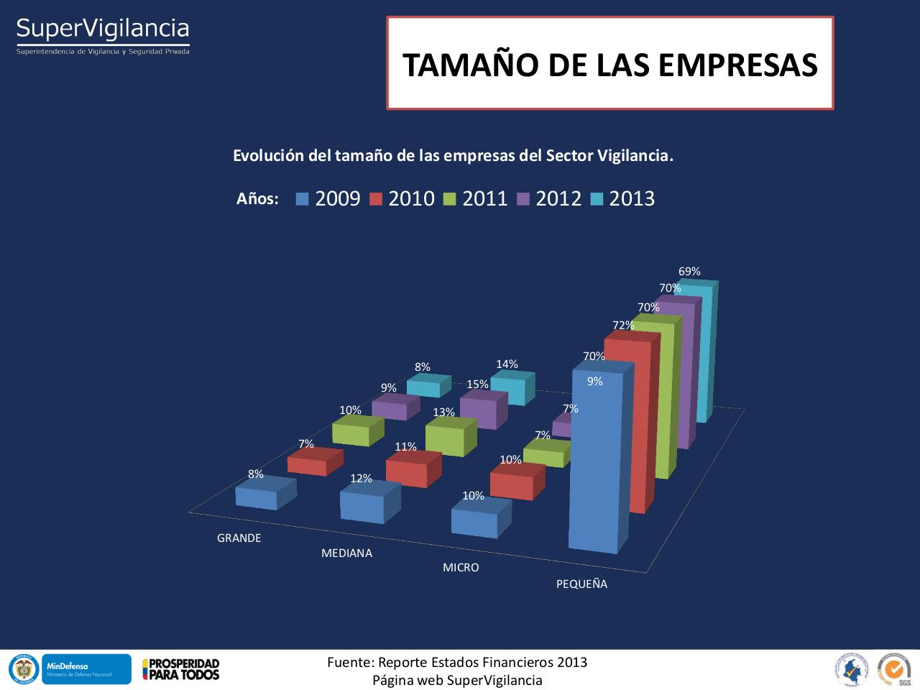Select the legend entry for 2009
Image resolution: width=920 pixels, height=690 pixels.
(328, 199)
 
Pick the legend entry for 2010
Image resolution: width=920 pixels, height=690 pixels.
(402, 199)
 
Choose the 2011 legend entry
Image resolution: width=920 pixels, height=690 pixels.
(477, 199)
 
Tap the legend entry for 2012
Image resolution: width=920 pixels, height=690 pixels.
(550, 199)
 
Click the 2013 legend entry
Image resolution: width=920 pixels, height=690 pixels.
(623, 199)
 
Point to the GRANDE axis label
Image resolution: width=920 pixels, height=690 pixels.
(239, 538)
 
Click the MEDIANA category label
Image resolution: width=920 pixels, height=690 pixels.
(346, 553)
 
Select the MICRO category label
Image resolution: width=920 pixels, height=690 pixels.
(461, 568)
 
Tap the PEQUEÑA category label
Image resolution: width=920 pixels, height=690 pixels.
(581, 584)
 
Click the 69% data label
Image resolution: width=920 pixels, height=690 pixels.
(689, 272)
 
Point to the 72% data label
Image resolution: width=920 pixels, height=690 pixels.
(623, 326)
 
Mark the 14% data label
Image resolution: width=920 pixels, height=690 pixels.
(507, 364)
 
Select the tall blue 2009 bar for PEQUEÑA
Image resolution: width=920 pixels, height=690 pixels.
(595, 460)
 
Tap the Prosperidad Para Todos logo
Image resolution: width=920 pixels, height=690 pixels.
(181, 669)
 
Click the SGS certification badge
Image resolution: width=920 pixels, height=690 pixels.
(894, 669)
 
